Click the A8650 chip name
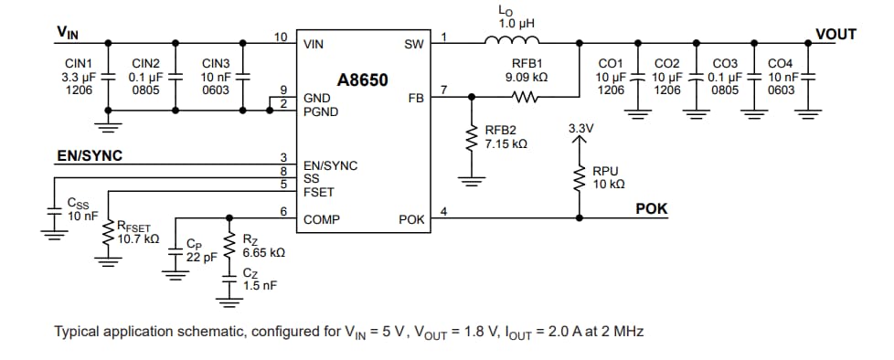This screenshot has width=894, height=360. point(363,80)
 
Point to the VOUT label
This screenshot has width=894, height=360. point(835,35)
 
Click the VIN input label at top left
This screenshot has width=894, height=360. point(68,33)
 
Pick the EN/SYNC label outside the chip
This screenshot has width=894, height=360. point(90,155)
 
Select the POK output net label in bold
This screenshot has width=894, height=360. point(651,209)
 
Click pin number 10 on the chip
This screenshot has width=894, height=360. point(282,37)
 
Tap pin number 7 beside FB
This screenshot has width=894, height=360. point(443,90)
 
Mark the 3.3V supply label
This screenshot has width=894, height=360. point(580,129)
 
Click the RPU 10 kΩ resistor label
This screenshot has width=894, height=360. point(608,177)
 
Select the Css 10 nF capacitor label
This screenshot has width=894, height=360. point(83,209)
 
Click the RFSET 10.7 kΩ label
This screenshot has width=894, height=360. point(138,232)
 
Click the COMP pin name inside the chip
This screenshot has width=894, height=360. point(321,220)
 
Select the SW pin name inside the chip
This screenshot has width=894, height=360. point(412,44)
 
